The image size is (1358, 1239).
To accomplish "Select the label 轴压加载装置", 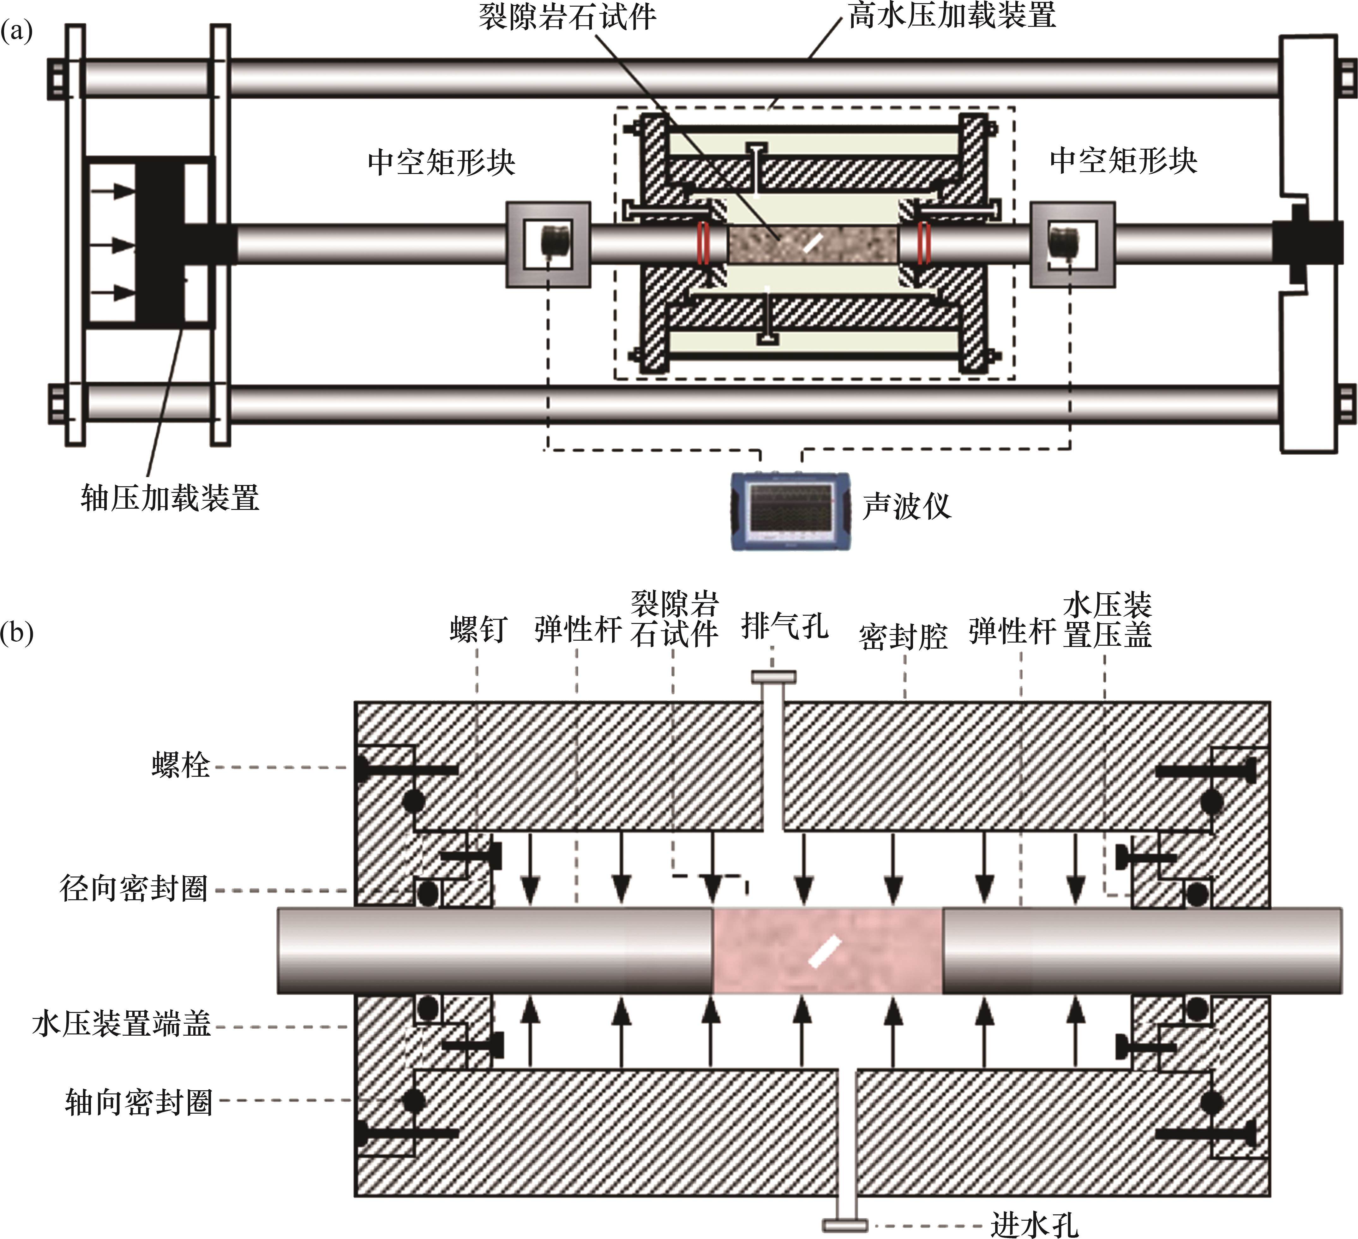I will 170,498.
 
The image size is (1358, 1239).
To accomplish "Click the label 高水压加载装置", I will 952,15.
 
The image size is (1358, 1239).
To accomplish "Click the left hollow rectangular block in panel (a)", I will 548,244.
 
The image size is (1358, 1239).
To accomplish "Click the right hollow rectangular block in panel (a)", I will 1073,244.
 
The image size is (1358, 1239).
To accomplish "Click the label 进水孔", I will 1035,1224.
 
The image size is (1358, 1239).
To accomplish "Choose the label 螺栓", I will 181,766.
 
